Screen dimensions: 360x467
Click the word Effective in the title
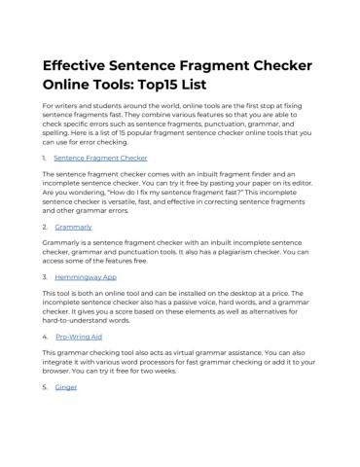[74, 65]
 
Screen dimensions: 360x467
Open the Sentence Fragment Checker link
[100, 158]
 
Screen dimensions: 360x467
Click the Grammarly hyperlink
[74, 227]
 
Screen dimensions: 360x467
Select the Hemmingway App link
[86, 277]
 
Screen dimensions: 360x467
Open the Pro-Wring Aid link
[79, 337]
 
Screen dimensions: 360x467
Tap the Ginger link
[66, 387]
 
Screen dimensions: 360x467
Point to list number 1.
[44, 158]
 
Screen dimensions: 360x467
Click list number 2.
[45, 227]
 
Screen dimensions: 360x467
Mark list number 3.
[45, 277]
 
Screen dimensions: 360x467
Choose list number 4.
[45, 337]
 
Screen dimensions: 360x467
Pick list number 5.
[45, 387]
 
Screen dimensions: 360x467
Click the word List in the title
[194, 85]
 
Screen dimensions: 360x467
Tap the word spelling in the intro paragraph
[55, 133]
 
